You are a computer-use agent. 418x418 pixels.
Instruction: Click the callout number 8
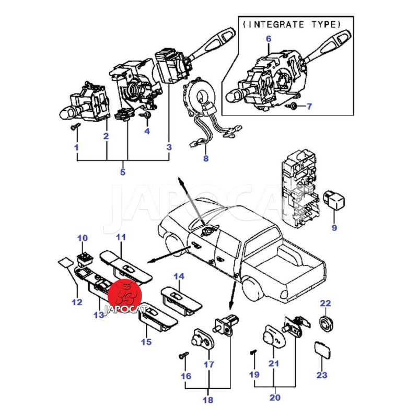click(x=205, y=158)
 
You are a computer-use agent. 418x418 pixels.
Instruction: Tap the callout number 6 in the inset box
click(x=269, y=39)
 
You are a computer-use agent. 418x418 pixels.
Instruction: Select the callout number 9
click(x=334, y=227)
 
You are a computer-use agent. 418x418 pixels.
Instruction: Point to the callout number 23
click(x=322, y=374)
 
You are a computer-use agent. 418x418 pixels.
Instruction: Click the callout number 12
click(x=77, y=302)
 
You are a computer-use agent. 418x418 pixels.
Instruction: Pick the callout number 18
click(x=208, y=400)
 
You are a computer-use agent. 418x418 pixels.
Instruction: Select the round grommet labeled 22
click(x=325, y=322)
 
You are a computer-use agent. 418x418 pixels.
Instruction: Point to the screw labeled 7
click(x=293, y=106)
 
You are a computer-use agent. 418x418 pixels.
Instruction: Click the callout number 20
click(x=274, y=398)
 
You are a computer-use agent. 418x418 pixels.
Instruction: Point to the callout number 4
click(x=147, y=131)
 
